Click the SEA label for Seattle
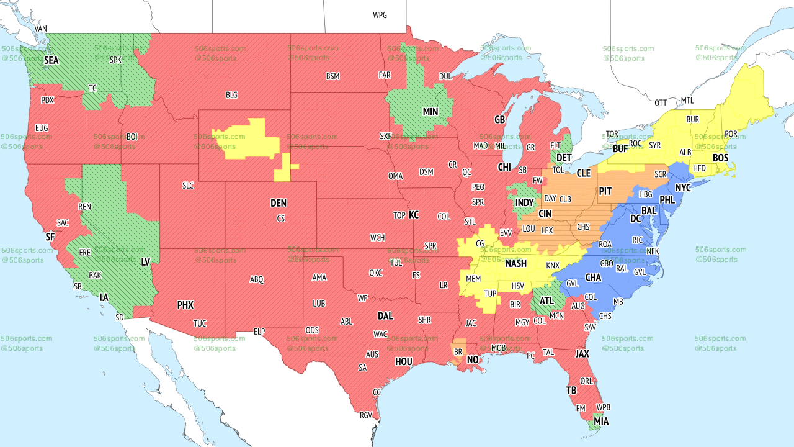(x=51, y=61)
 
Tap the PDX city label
(x=47, y=100)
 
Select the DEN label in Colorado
(x=279, y=203)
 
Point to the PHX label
(x=185, y=305)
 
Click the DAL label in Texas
(x=385, y=316)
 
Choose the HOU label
(x=404, y=361)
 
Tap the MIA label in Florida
(x=600, y=422)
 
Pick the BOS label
(x=720, y=158)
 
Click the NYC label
(x=683, y=187)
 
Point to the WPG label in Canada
(x=380, y=15)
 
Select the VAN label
(x=41, y=29)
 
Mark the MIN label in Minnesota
(x=430, y=112)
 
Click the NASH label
(x=515, y=263)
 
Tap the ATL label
(x=545, y=301)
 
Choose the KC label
(x=414, y=215)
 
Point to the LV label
(x=146, y=263)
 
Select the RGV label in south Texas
(x=365, y=415)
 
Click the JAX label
(x=582, y=353)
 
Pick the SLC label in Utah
(x=188, y=186)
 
